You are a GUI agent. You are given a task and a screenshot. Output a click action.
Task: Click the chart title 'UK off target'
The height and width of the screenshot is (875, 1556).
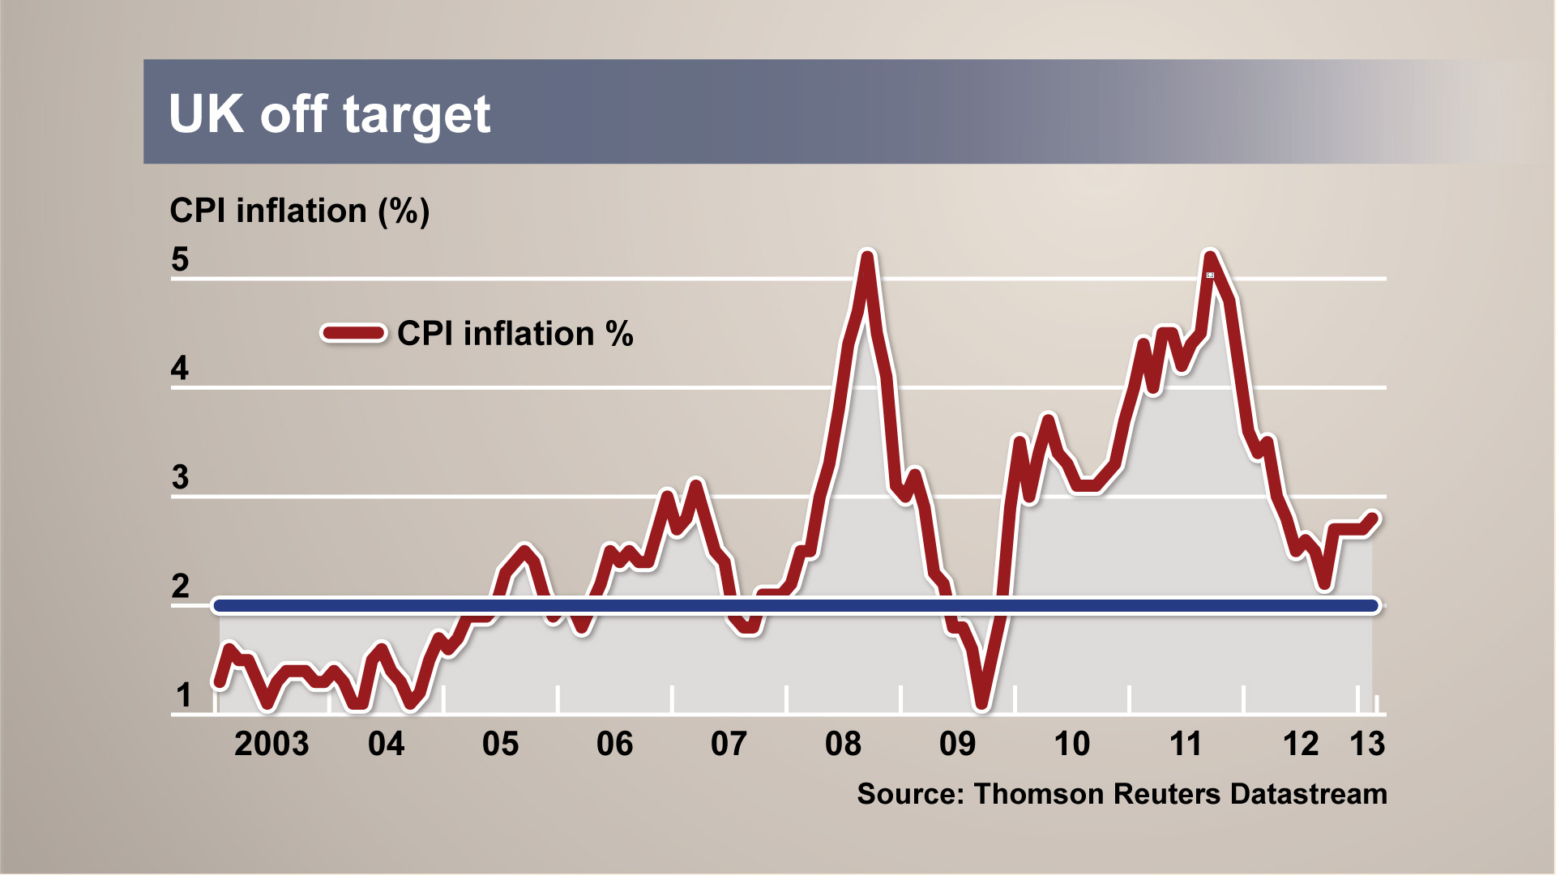click(x=329, y=114)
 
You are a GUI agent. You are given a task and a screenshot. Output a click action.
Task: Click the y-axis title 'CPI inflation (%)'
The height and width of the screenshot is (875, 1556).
click(x=299, y=211)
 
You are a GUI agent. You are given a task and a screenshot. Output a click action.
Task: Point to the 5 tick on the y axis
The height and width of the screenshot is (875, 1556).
click(x=180, y=259)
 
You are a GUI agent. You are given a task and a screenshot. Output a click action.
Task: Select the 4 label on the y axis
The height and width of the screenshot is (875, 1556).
click(x=180, y=369)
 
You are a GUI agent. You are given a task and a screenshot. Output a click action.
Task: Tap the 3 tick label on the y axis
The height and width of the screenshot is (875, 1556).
click(x=180, y=477)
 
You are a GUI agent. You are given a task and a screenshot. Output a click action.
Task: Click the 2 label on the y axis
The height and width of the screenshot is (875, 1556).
click(x=180, y=586)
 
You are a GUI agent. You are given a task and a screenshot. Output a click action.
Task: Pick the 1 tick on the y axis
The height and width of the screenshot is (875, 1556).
click(x=184, y=695)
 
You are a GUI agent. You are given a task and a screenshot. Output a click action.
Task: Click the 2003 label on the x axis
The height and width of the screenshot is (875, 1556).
click(x=271, y=744)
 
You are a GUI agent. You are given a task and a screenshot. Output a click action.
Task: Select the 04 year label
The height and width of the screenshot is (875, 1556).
click(x=386, y=744)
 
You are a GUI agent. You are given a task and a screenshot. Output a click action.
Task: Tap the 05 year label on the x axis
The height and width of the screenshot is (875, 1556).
click(x=500, y=744)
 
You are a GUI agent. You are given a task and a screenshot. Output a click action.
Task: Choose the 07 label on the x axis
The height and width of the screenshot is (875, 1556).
click(x=729, y=744)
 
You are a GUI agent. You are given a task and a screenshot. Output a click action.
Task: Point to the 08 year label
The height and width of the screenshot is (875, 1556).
click(x=843, y=744)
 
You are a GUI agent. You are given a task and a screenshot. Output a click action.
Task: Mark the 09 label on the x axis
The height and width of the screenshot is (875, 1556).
click(x=957, y=744)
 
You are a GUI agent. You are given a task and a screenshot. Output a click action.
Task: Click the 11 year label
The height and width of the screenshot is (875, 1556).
click(x=1186, y=744)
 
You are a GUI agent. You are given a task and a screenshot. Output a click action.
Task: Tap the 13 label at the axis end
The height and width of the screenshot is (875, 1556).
click(x=1367, y=744)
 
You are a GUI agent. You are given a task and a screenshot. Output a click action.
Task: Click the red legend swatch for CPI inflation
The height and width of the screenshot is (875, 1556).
click(x=353, y=333)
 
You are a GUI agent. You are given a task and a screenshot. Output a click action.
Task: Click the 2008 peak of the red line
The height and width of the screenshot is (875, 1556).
click(x=867, y=258)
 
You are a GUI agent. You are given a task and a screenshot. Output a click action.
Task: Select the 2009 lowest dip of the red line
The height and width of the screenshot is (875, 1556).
click(x=982, y=703)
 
